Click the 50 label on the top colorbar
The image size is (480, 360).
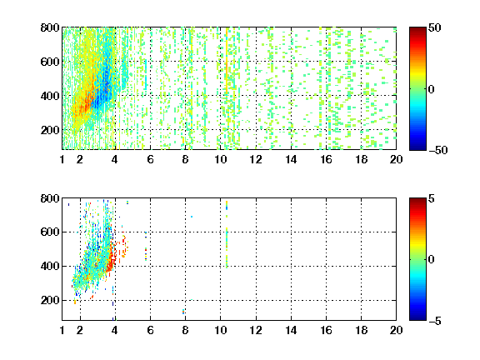[435, 27]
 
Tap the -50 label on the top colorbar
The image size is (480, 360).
[438, 150]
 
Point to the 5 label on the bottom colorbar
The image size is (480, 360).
[432, 198]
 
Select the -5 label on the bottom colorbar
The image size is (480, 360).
[435, 321]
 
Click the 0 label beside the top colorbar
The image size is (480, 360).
[432, 89]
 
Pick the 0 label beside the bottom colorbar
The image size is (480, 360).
[432, 260]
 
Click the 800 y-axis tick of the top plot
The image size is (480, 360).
[50, 27]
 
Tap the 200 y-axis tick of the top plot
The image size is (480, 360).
[50, 130]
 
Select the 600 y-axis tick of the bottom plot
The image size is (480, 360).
[50, 232]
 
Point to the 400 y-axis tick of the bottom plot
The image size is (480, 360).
[50, 266]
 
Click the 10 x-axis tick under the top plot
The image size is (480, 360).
[220, 159]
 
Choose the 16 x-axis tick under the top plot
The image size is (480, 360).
[327, 159]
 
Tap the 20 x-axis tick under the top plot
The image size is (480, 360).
[396, 159]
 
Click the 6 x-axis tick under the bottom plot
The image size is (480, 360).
[150, 330]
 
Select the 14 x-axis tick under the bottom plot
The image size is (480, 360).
[291, 330]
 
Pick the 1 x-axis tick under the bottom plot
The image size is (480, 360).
[62, 330]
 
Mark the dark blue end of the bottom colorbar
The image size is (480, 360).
[417, 317]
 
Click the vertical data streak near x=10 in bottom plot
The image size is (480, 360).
[227, 234]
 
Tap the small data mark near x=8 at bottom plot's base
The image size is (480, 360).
[183, 312]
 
